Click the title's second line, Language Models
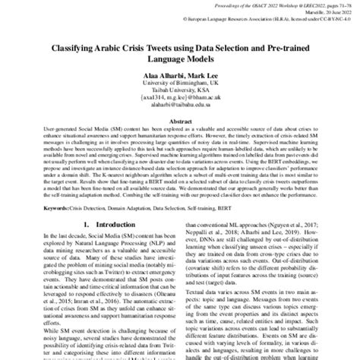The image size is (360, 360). click(x=180, y=58)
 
